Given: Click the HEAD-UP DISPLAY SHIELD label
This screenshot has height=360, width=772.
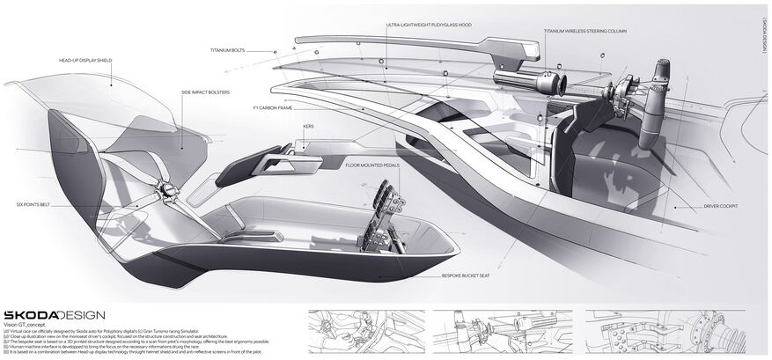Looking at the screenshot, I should (x=85, y=61).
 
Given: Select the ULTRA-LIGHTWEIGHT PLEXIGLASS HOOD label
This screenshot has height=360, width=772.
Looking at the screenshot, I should (x=429, y=26).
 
